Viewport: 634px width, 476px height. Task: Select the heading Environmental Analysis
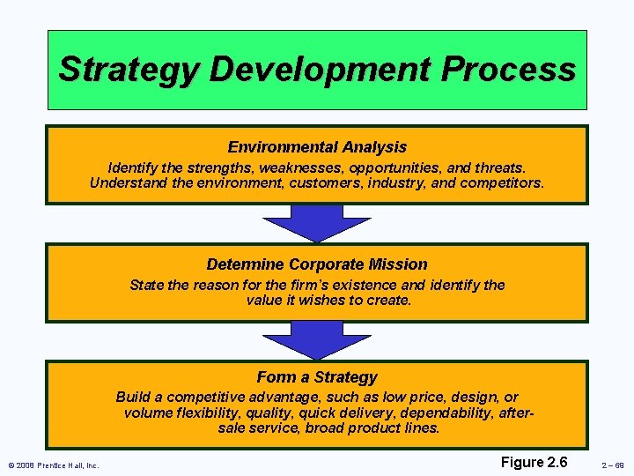tap(317, 147)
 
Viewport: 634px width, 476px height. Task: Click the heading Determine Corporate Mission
tap(317, 264)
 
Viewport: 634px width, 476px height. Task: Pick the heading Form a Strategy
tap(317, 377)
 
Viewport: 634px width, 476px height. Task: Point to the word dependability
tap(450, 413)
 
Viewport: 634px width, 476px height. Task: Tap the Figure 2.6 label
tap(534, 462)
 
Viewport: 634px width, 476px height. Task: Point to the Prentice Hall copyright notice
tap(54, 465)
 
